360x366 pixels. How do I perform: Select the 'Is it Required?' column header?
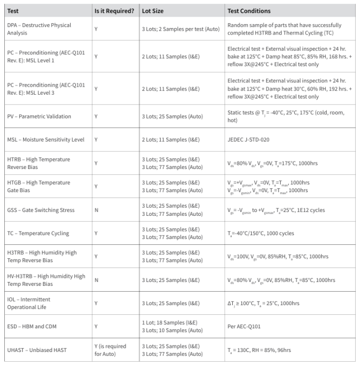pyautogui.click(x=114, y=11)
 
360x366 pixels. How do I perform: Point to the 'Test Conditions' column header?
pyautogui.click(x=249, y=11)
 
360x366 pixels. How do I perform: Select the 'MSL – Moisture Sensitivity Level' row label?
pyautogui.click(x=45, y=140)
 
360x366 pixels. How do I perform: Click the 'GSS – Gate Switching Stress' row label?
pyautogui.click(x=40, y=210)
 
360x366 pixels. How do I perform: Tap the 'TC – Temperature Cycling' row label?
pyautogui.click(x=37, y=234)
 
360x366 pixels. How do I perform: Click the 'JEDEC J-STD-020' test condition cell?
pyautogui.click(x=248, y=140)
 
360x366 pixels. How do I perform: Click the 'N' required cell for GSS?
pyautogui.click(x=96, y=210)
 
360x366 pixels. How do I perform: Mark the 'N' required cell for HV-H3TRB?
pyautogui.click(x=96, y=280)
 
